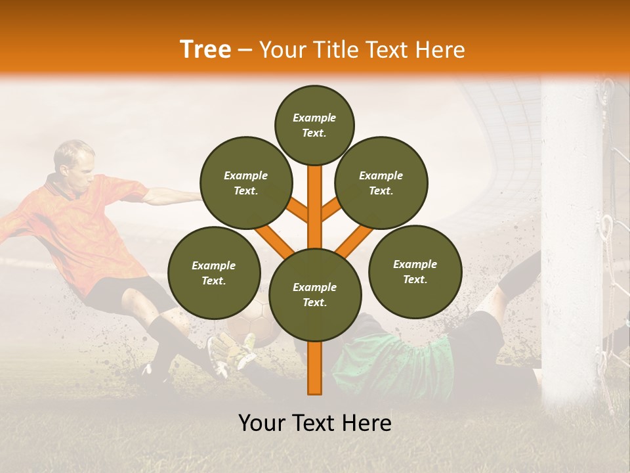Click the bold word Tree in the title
pyautogui.click(x=205, y=49)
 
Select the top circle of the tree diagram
pyautogui.click(x=314, y=125)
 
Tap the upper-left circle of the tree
pyautogui.click(x=245, y=183)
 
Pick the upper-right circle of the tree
pyautogui.click(x=381, y=183)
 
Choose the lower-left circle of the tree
pyautogui.click(x=214, y=273)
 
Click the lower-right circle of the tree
pyautogui.click(x=415, y=272)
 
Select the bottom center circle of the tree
pyautogui.click(x=315, y=295)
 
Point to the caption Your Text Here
pyautogui.click(x=315, y=423)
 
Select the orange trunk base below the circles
pyautogui.click(x=315, y=371)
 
